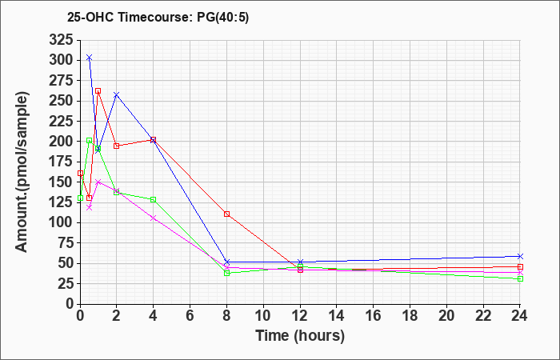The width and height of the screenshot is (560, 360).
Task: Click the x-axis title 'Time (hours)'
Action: pyautogui.click(x=300, y=335)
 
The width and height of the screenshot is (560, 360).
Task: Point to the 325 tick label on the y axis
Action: pyautogui.click(x=61, y=39)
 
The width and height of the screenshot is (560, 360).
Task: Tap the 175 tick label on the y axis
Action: pyautogui.click(x=61, y=162)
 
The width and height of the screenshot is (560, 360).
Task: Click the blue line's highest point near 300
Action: pyautogui.click(x=89, y=58)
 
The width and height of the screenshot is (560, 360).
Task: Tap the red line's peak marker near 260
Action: pyautogui.click(x=98, y=91)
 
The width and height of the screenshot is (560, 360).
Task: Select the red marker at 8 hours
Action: pyautogui.click(x=227, y=214)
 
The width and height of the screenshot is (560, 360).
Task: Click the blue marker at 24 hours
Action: pyautogui.click(x=520, y=256)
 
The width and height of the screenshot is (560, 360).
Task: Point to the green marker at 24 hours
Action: pyautogui.click(x=520, y=278)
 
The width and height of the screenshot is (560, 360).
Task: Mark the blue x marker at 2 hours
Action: pyautogui.click(x=117, y=94)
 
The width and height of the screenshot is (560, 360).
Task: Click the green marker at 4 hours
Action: pyautogui.click(x=153, y=199)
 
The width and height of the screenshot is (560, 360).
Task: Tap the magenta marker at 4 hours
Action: pyautogui.click(x=153, y=218)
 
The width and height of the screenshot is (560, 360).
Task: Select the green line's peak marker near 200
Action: pyautogui.click(x=89, y=141)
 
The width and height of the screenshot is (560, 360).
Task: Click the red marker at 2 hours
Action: pyautogui.click(x=117, y=146)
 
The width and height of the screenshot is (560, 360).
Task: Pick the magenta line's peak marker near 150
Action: pyautogui.click(x=98, y=182)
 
